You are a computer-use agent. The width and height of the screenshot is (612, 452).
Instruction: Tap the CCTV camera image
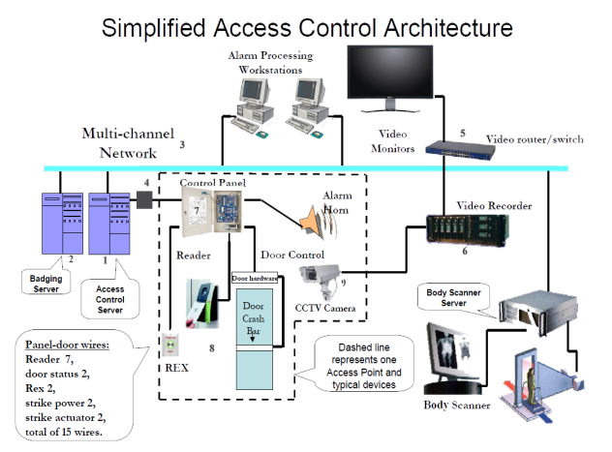tap(320, 280)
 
